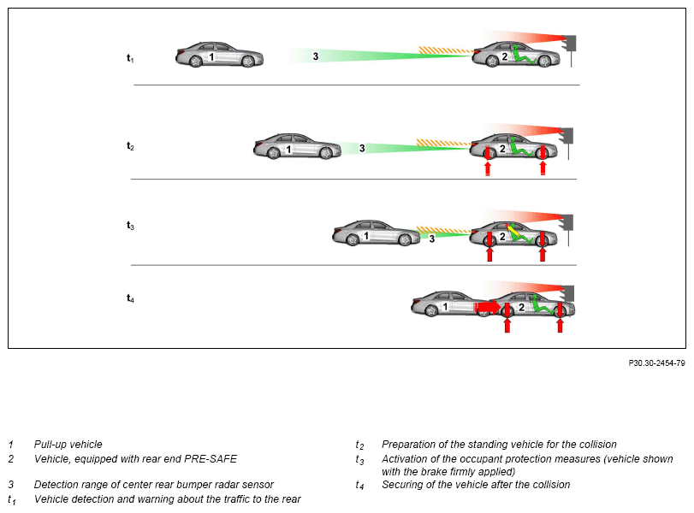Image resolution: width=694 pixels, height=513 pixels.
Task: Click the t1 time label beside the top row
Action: pyautogui.click(x=130, y=58)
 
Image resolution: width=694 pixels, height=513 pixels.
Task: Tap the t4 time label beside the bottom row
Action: pyautogui.click(x=130, y=298)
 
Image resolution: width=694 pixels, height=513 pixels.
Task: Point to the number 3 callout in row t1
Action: pyautogui.click(x=315, y=56)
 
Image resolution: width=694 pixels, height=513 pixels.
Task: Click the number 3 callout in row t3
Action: pyautogui.click(x=431, y=239)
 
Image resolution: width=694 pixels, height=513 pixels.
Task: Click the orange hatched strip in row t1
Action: pyautogui.click(x=444, y=50)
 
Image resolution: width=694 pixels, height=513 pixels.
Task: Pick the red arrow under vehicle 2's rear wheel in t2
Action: pyautogui.click(x=488, y=162)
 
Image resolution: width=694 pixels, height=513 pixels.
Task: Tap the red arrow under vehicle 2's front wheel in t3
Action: pyautogui.click(x=542, y=248)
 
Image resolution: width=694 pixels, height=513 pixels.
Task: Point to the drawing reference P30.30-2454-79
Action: pyautogui.click(x=656, y=363)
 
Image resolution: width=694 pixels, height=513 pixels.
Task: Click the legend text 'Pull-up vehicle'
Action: pyautogui.click(x=68, y=445)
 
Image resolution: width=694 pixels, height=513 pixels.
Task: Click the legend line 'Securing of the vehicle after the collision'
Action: pyautogui.click(x=475, y=485)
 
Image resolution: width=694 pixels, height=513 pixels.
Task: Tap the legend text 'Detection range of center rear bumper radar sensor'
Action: pyautogui.click(x=153, y=485)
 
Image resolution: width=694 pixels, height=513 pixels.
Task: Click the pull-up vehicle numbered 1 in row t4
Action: pyautogui.click(x=444, y=306)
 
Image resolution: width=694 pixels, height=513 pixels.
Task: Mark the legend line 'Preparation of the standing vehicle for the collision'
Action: pyautogui.click(x=499, y=445)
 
